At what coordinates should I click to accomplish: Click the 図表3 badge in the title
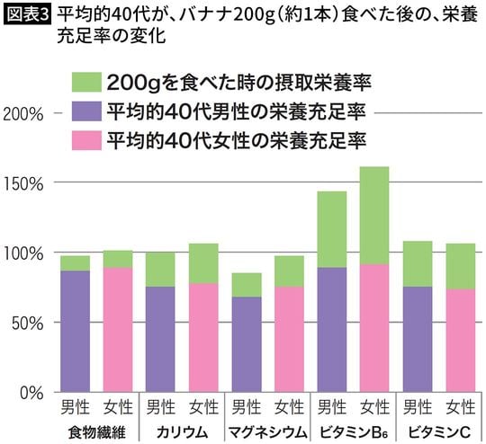click(27, 15)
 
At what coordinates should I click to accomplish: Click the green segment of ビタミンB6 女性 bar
click(374, 215)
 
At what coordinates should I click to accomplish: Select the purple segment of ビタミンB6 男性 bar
click(331, 329)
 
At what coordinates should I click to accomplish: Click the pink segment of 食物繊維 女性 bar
click(117, 329)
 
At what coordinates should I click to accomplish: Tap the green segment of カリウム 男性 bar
click(160, 270)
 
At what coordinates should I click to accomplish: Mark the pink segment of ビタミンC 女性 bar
click(460, 340)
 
